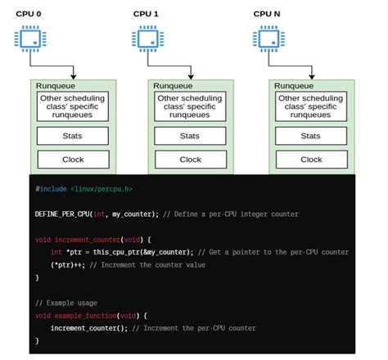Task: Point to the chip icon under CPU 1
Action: tap(148, 38)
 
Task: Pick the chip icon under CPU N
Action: tap(268, 38)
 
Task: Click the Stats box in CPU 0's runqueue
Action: tap(73, 136)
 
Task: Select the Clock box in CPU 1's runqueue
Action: tap(190, 160)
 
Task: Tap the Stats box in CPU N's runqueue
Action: tap(311, 136)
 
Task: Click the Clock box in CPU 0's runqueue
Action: tap(73, 160)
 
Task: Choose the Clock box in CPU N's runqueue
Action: tap(311, 160)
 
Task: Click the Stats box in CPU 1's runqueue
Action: tap(190, 136)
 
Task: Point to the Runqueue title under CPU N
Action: tap(293, 85)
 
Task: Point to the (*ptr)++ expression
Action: tap(65, 265)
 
